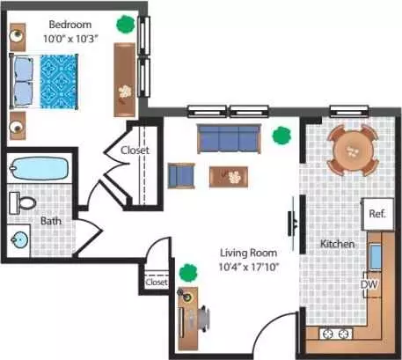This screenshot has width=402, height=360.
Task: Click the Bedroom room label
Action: [70, 25]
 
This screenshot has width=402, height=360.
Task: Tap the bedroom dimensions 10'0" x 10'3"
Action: [70, 39]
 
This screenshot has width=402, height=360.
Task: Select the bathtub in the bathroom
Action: [39, 168]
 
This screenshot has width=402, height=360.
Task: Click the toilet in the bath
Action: [23, 203]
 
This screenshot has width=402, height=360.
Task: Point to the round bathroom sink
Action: [19, 240]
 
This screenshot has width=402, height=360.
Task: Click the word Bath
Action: [51, 221]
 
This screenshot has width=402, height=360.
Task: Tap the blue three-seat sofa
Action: [229, 139]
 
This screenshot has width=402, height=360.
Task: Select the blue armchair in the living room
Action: [181, 176]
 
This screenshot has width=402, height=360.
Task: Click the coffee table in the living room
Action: [229, 177]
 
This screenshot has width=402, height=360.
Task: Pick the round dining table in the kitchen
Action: [353, 151]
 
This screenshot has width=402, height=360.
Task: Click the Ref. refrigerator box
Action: [377, 214]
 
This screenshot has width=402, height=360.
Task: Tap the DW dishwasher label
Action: [369, 284]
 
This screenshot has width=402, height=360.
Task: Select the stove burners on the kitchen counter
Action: [335, 334]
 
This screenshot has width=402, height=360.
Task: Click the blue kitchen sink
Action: [375, 256]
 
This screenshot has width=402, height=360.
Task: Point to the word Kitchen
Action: [337, 244]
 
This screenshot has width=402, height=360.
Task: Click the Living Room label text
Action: [248, 253]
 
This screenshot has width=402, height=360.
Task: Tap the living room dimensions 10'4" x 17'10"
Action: [248, 267]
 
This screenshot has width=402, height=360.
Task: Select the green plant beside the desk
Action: [188, 273]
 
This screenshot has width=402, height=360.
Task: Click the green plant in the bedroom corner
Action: [126, 25]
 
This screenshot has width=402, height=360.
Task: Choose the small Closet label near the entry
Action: [157, 283]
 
